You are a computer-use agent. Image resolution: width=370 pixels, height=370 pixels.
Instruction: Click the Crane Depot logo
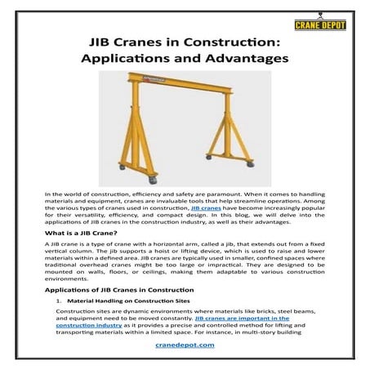click(332, 24)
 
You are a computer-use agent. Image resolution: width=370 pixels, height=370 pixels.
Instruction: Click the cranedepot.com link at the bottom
click(185, 346)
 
